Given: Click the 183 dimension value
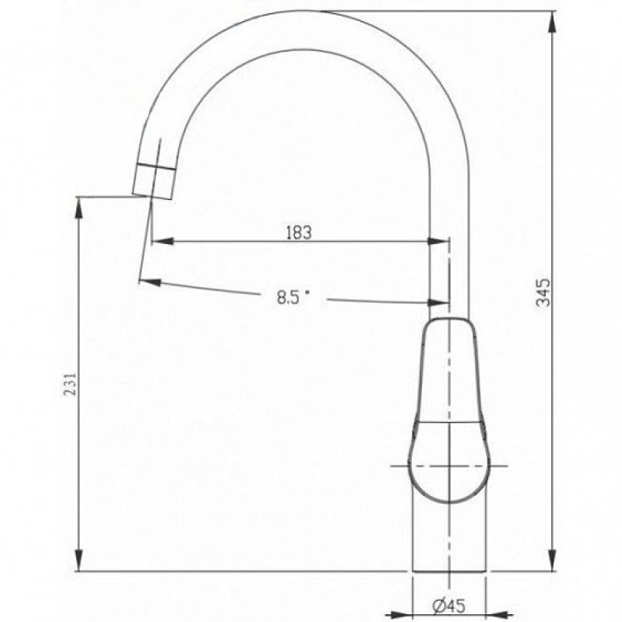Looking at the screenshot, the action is (x=299, y=232).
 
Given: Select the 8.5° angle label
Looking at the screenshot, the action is (x=293, y=297).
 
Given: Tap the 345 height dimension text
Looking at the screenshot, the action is (x=543, y=292).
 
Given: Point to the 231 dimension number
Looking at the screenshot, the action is (x=70, y=383).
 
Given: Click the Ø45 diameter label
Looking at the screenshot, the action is (x=449, y=606).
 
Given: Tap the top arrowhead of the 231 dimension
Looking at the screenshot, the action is (x=79, y=208).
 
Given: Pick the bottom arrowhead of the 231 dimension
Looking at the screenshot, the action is (x=79, y=561).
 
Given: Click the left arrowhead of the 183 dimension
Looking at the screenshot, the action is (x=162, y=241).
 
